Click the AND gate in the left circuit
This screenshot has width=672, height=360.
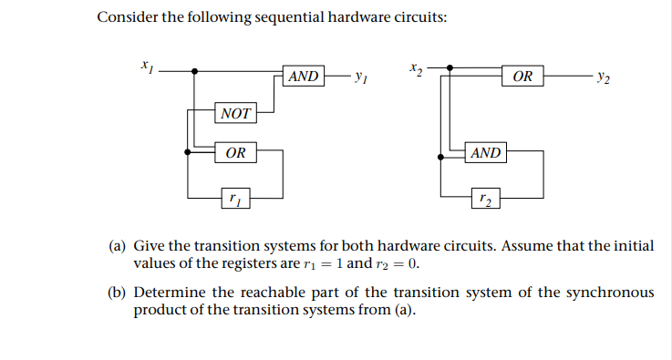303,77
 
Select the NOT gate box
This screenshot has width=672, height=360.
235,114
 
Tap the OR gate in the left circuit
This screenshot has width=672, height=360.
235,152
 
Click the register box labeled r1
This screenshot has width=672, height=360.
235,195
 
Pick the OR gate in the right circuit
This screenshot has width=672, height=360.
523,77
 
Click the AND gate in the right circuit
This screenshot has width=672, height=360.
485,152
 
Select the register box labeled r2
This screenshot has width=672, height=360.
485,195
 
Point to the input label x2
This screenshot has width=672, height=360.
416,66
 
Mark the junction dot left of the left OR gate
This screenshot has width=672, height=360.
186,152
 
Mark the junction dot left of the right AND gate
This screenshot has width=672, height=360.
440,157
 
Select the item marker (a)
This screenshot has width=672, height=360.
118,246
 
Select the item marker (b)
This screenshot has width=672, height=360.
118,293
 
